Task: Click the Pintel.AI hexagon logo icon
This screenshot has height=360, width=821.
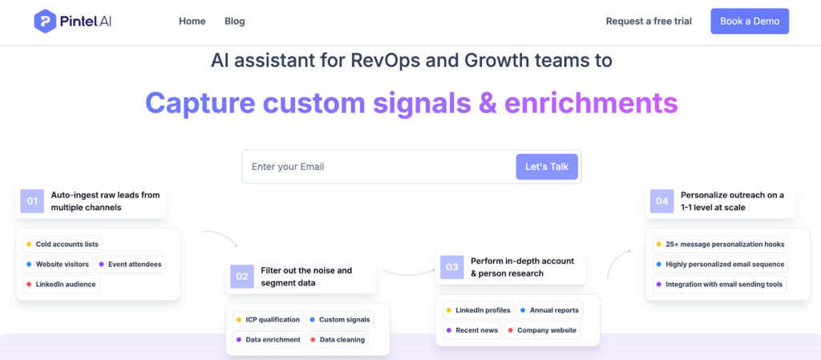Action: [x=45, y=22]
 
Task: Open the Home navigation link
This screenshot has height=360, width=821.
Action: [x=192, y=22]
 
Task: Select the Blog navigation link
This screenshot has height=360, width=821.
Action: [x=235, y=22]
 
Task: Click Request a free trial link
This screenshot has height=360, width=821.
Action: [x=649, y=22]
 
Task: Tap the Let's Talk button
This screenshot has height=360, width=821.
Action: [x=547, y=167]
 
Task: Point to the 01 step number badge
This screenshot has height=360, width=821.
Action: [x=32, y=201]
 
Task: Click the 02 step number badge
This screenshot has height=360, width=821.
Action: [x=242, y=277]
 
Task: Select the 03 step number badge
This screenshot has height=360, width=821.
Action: [x=452, y=267]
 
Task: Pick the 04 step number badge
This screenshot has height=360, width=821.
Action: [x=661, y=201]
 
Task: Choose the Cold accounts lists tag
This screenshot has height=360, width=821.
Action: [x=63, y=245]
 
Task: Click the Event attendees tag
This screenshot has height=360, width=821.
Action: [x=131, y=265]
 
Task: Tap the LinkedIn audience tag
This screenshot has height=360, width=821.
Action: [x=61, y=284]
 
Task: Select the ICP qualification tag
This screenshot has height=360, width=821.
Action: [x=268, y=320]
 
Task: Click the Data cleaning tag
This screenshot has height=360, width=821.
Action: [x=338, y=340]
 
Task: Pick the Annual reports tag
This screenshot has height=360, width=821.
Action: [x=549, y=310]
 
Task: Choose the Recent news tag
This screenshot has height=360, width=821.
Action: [x=472, y=330]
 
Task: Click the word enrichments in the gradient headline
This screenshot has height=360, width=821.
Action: [x=591, y=103]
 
